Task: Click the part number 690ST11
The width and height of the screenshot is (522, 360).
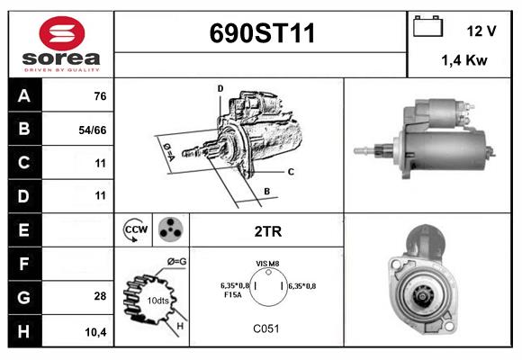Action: (262, 33)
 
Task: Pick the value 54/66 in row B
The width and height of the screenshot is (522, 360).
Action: (93, 130)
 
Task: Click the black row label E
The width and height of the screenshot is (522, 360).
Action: (24, 229)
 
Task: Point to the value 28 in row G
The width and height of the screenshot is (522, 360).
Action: (100, 295)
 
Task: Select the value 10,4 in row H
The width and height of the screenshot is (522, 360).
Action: (95, 331)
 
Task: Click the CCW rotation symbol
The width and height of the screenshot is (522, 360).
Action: (134, 230)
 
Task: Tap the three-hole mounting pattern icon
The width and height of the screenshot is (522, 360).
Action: (168, 230)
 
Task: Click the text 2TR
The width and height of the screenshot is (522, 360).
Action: (267, 231)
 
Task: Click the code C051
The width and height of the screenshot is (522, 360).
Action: (267, 329)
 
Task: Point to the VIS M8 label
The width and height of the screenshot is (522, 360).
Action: (268, 263)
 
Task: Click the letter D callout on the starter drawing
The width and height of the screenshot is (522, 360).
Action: (220, 88)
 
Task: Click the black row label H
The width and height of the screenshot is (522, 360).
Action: (24, 331)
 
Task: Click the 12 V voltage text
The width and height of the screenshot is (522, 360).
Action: (481, 31)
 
